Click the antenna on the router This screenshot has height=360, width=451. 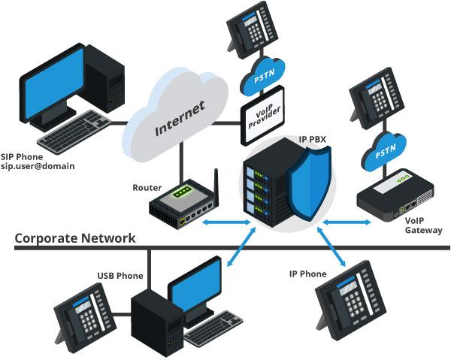pyautogui.click(x=214, y=185)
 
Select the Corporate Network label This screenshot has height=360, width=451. pyautogui.click(x=75, y=238)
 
